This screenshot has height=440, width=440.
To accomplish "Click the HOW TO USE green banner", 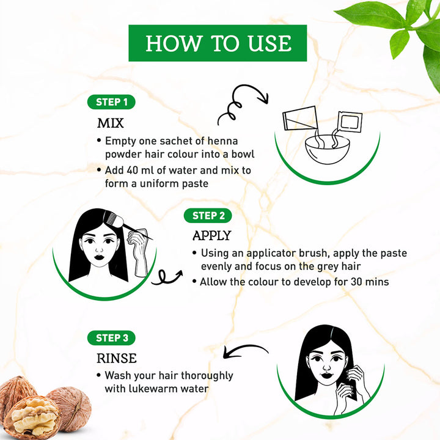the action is tap(218, 43).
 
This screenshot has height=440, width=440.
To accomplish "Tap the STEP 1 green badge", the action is tap(111, 102).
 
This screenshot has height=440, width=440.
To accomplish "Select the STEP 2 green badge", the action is tap(208, 216).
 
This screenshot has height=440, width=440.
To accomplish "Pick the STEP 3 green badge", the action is tap(111, 338).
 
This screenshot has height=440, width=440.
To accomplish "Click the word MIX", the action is tap(110, 123).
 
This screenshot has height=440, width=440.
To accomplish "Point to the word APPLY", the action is tap(212, 235).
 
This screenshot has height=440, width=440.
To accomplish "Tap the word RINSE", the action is tap(117, 358).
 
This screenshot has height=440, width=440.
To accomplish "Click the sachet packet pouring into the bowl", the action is tap(350, 121).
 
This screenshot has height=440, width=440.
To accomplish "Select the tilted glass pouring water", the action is tap(300, 118).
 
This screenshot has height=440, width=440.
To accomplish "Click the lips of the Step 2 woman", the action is tap(99, 257).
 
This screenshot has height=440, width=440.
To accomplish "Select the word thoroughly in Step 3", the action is tap(207, 375).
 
